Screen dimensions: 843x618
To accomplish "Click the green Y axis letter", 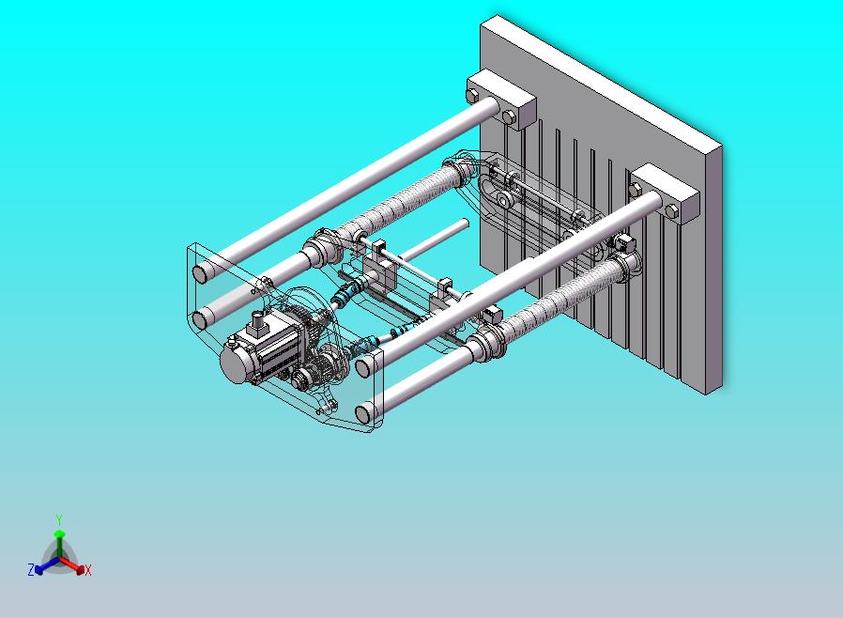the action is pos(59,519).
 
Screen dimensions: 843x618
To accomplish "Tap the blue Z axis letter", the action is pos(31,569).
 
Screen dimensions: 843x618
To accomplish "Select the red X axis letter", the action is pos(88,570).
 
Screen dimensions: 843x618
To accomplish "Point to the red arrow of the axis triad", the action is pos(72,564).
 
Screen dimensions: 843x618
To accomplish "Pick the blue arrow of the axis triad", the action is pos(46,565).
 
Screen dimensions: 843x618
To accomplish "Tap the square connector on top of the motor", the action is pos(256,321).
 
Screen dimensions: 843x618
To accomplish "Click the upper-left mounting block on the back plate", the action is pos(501,99).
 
